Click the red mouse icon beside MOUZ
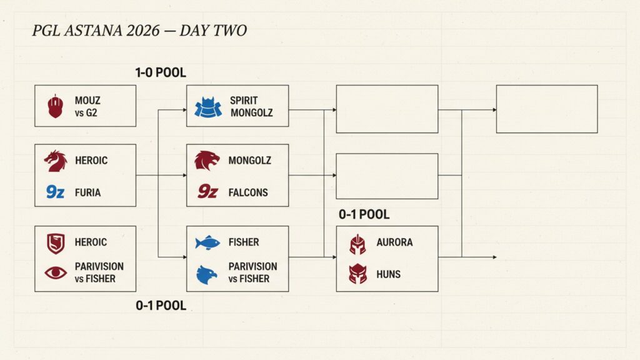(x=56, y=106)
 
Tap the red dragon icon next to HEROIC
(x=56, y=161)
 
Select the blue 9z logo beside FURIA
(x=55, y=191)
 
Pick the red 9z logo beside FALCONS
(x=207, y=191)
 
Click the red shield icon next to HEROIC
(x=56, y=244)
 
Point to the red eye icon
(x=56, y=272)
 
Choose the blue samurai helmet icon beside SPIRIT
(x=208, y=107)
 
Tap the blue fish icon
(x=207, y=243)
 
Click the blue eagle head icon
(x=207, y=275)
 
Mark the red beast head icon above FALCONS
(x=207, y=161)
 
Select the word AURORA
(x=394, y=242)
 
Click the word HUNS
(x=388, y=274)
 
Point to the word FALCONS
(x=248, y=192)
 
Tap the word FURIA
(x=87, y=192)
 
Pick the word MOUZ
(x=87, y=101)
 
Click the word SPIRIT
(x=244, y=101)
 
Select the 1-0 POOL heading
(x=161, y=72)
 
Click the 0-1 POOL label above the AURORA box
(x=364, y=214)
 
